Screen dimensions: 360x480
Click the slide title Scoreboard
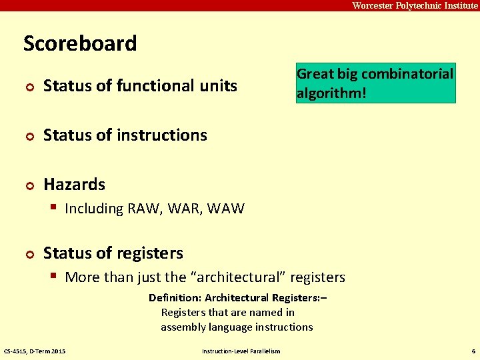80,43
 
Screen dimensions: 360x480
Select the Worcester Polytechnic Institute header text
415,5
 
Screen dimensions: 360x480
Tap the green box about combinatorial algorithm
375,83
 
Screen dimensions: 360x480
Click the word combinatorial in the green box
407,74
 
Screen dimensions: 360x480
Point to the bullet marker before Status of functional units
28,87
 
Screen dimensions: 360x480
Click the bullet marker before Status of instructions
28,136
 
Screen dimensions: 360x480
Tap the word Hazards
74,184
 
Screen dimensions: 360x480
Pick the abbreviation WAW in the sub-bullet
226,209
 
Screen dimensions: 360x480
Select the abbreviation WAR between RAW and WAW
185,209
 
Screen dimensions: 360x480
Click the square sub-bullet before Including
55,208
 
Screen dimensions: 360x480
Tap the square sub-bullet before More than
55,276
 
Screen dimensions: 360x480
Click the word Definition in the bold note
174,298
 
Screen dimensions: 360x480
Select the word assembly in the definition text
184,327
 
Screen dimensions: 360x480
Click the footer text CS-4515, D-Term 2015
35,351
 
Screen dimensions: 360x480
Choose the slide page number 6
473,351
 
